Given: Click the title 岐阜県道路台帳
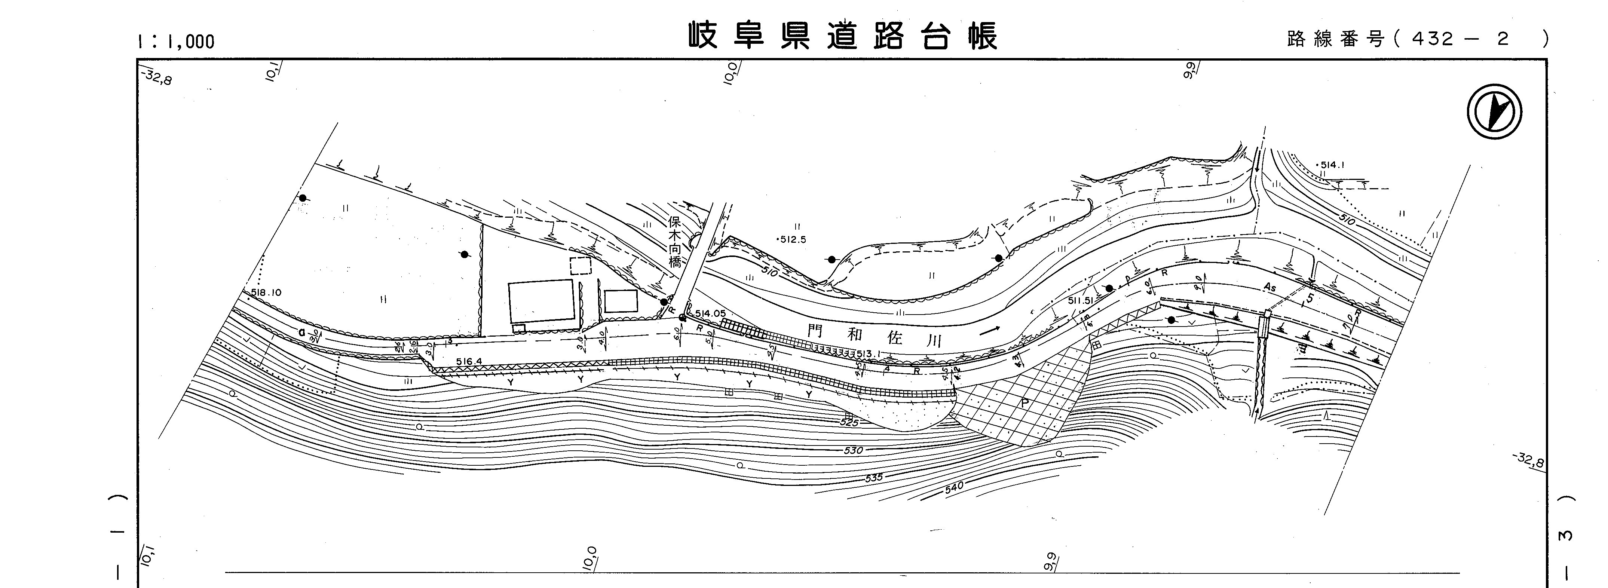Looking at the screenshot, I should pos(843,36).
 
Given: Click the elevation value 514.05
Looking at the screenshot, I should pos(710,314).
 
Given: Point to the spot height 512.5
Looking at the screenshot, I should pos(792,239).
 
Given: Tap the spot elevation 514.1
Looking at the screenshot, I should pos(1331,165).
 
